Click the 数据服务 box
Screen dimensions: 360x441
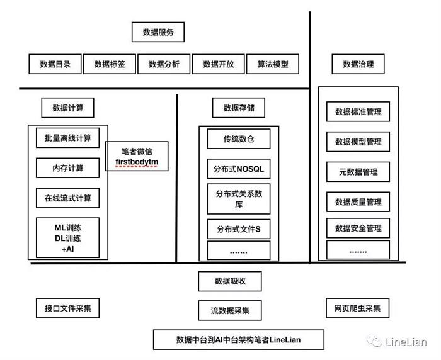click(x=158, y=32)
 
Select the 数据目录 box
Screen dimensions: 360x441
click(x=55, y=64)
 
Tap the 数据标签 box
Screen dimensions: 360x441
click(x=109, y=64)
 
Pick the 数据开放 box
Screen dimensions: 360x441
click(x=218, y=64)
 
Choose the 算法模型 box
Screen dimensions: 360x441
click(x=272, y=64)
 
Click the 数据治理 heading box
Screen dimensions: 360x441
click(x=358, y=64)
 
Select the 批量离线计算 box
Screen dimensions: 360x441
click(x=67, y=138)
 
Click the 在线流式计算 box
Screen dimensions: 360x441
click(x=67, y=198)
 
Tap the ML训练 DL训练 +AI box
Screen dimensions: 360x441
click(x=67, y=238)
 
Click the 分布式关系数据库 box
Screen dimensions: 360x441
click(x=239, y=199)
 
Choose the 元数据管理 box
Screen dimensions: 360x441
click(x=358, y=172)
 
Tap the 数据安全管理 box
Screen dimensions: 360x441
click(x=358, y=228)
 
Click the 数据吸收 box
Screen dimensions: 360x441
click(x=230, y=281)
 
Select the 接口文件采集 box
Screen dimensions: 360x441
click(x=67, y=308)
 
